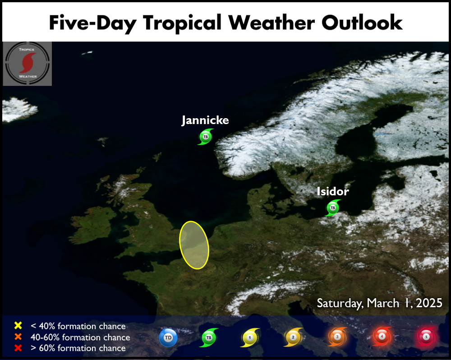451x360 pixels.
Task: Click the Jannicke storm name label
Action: pos(205,120)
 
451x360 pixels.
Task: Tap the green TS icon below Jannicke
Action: pos(206,137)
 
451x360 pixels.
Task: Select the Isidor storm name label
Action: pos(333,191)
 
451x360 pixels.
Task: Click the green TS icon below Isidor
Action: pos(333,208)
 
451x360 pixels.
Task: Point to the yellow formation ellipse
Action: pos(194,245)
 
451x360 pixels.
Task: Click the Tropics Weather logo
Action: pos(28,64)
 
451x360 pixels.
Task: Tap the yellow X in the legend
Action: pos(18,325)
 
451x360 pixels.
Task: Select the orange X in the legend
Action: pos(18,337)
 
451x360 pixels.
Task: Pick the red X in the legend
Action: pos(18,348)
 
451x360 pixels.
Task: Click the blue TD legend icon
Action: pos(168,337)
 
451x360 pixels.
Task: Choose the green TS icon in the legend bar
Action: pos(209,337)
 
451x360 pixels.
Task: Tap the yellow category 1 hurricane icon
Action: pos(250,337)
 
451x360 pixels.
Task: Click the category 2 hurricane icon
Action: pos(293,337)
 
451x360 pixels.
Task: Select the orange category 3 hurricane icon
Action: pos(337,337)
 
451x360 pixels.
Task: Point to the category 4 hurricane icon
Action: pos(382,337)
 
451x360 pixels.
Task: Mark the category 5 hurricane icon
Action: pos(426,337)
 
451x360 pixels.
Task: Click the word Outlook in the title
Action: pos(362,23)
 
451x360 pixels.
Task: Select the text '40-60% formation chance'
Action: pos(80,337)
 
